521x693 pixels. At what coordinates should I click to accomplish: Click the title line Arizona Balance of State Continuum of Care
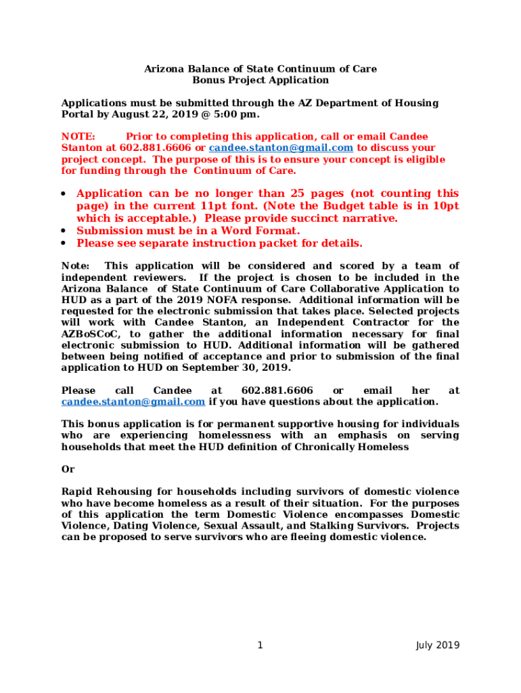pos(260,69)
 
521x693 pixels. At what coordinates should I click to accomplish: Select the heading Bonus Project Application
pos(260,80)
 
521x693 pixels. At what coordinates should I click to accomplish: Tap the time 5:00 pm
pos(237,114)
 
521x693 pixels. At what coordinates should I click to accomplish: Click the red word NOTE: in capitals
pos(78,137)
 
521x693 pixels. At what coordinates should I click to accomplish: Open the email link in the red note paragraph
pos(281,148)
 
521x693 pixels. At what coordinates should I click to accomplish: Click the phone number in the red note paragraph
pos(156,148)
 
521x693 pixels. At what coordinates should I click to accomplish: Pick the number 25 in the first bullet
pos(298,194)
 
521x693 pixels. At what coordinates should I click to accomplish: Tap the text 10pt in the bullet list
pos(445,206)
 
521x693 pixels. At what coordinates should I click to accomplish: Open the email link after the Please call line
pos(133,401)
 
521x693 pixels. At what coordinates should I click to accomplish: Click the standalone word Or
pos(68,469)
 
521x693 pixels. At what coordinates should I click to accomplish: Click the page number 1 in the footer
pos(260,645)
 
